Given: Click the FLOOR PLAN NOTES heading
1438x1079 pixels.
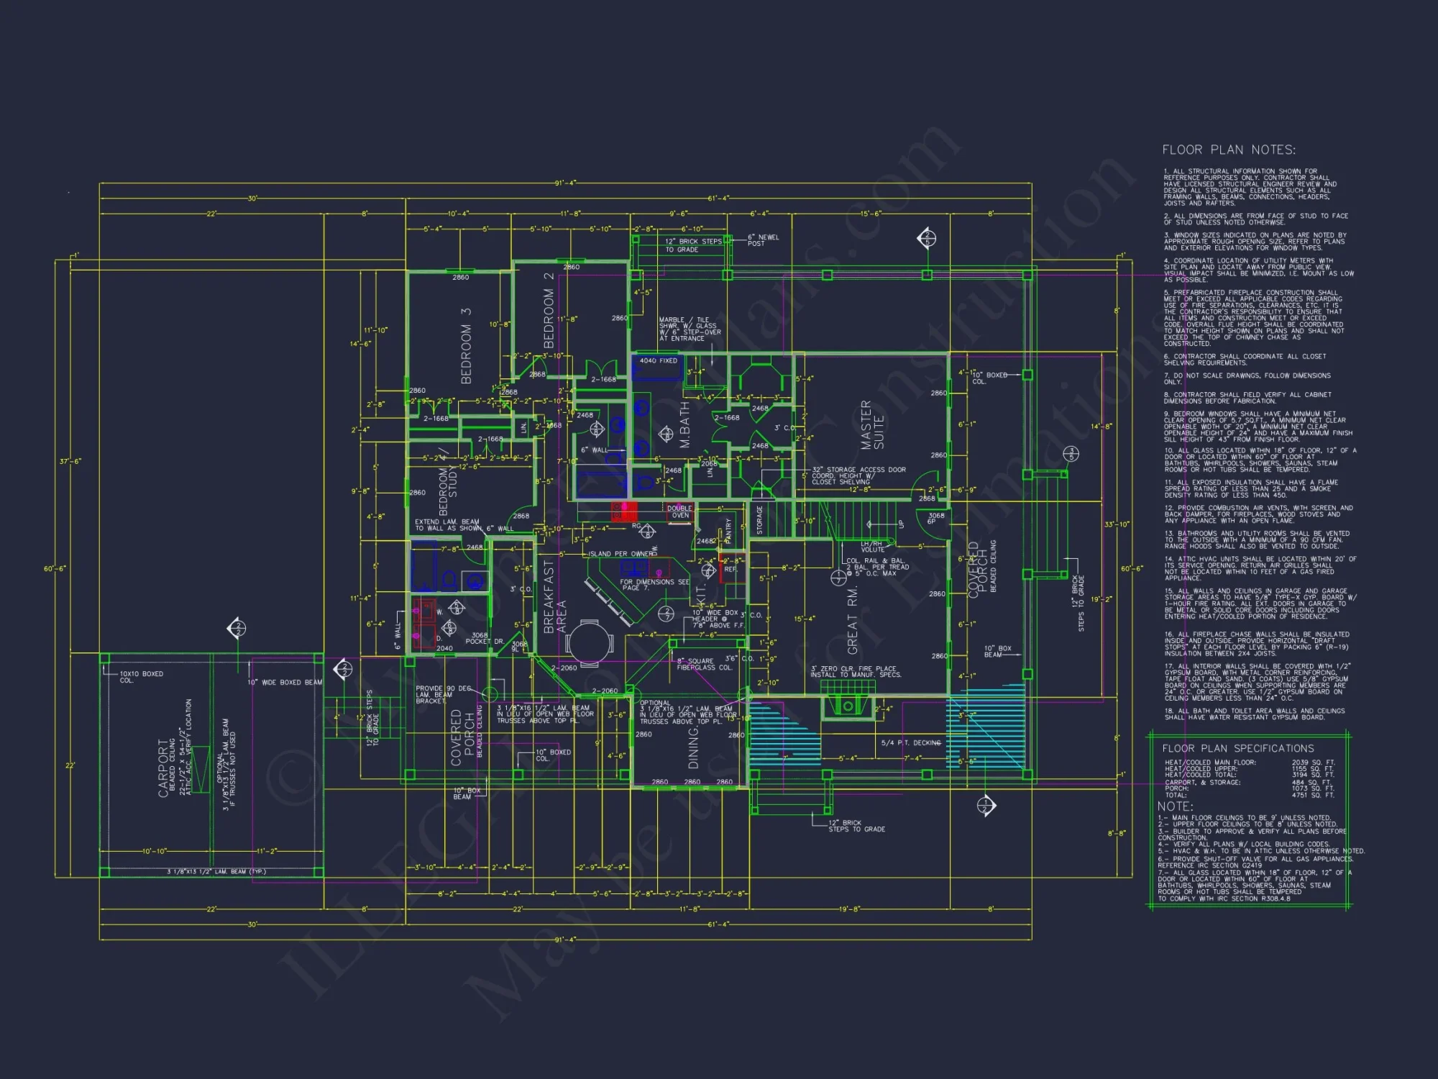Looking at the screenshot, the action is [x=1229, y=150].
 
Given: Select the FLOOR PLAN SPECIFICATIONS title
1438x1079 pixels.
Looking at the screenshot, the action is [x=1237, y=748].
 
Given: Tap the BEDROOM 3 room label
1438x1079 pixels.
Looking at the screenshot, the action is [x=466, y=345].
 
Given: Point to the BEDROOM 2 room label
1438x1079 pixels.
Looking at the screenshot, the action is [x=549, y=310].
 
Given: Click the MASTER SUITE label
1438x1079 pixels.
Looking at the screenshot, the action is [x=872, y=425].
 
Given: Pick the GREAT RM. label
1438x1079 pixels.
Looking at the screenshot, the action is [x=853, y=619].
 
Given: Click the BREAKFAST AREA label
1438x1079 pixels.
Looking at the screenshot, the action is [x=554, y=597].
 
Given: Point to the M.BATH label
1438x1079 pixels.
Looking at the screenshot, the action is [x=684, y=424].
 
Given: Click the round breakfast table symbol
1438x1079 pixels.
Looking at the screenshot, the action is [x=589, y=642].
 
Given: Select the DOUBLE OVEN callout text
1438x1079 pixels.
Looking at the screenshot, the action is [x=679, y=511].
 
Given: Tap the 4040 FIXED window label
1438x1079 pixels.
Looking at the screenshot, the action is [x=658, y=360].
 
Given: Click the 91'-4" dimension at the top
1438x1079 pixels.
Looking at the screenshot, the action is [x=565, y=183].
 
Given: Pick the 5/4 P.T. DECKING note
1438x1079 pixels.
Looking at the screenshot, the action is [x=911, y=742].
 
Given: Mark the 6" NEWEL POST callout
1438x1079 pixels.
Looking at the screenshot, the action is [x=763, y=240].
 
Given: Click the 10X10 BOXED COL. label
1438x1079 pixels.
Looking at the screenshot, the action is [x=141, y=677].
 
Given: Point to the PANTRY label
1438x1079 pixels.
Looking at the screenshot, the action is [x=728, y=529].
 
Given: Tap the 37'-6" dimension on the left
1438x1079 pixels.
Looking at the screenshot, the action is [x=71, y=461].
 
